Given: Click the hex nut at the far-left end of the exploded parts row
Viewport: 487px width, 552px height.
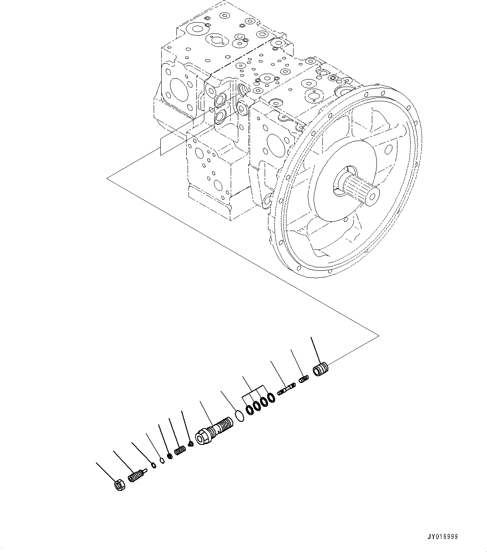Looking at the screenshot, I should coord(119,485).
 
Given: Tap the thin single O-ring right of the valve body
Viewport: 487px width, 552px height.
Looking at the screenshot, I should coord(240,416).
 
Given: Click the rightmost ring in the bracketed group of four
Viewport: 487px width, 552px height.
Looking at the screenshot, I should coord(271,397).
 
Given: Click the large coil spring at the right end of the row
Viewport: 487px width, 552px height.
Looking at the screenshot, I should coord(321,370).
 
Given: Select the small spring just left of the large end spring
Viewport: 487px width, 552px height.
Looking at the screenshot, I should coord(304,380).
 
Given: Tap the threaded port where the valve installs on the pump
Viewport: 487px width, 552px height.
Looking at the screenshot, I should coord(242,89).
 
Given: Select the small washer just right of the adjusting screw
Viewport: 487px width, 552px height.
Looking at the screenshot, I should coord(154,466).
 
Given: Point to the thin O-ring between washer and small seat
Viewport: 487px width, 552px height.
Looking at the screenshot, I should coord(162,460).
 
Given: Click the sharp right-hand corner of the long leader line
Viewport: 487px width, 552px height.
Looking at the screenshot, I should coord(379,335).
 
